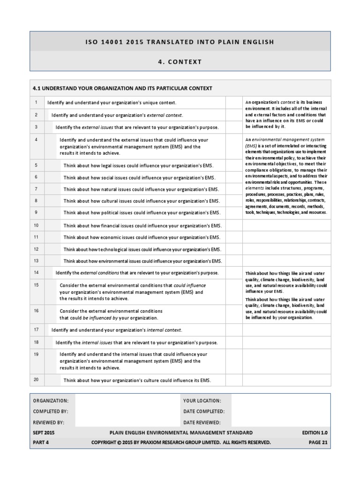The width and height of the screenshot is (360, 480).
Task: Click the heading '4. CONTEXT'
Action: pos(180,61)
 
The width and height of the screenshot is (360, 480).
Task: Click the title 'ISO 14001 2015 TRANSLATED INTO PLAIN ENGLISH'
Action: pos(180,42)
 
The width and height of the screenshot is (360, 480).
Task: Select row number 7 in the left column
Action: pos(36,188)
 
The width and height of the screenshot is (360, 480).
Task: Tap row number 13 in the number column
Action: pos(36,260)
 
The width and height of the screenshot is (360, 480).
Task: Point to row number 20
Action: pos(36,380)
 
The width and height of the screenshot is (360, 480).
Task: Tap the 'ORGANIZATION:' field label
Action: pos(51,401)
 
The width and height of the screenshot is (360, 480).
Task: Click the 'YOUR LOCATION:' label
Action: pos(202,401)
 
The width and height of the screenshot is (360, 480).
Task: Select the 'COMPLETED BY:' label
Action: pos(51,412)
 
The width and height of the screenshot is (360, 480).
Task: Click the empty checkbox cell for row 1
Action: pos(233,102)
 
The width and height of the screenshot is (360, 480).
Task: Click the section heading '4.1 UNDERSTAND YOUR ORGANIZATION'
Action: pos(122,88)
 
